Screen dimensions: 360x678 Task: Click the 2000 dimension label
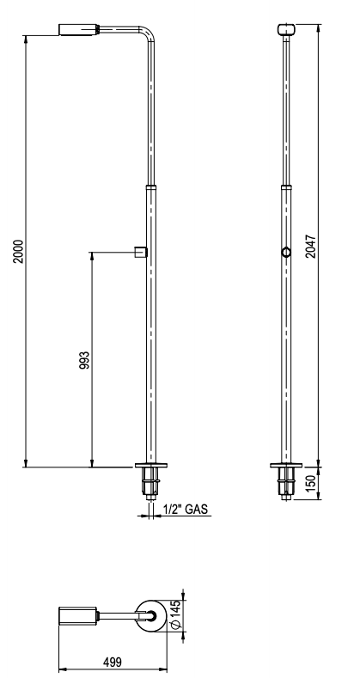point(18,251)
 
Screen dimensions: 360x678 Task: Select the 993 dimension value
point(84,360)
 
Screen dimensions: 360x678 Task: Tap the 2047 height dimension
point(311,247)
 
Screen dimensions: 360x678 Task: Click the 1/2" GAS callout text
point(186,509)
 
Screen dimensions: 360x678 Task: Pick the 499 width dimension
point(113,662)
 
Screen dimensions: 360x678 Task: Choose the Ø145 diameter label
point(175,614)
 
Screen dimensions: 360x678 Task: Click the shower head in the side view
point(79,29)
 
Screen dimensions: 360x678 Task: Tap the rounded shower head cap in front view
point(286,29)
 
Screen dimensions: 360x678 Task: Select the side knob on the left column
point(141,252)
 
